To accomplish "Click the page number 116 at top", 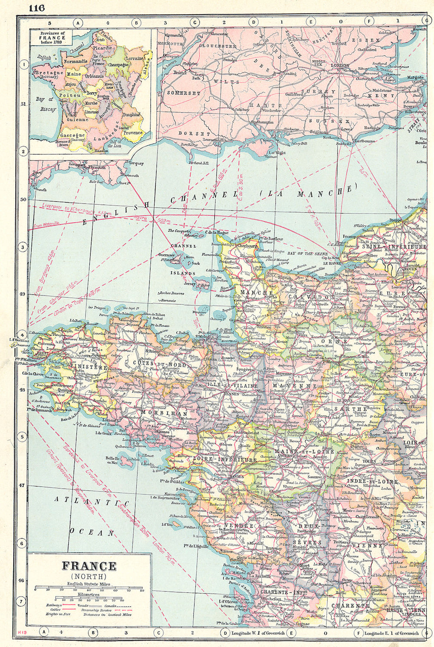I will coord(37,8).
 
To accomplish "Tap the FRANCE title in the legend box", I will coord(89,566).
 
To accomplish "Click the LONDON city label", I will coord(340,66).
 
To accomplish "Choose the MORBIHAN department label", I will coord(164,414).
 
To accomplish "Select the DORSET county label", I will coord(194,134).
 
